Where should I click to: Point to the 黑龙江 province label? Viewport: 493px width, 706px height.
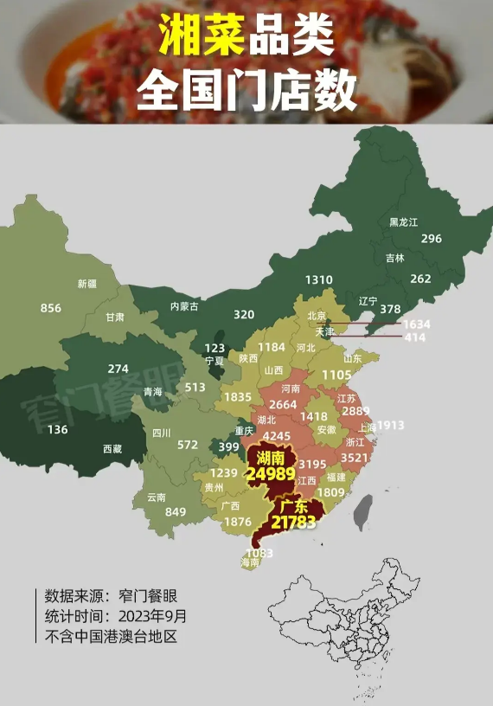pos(403,221)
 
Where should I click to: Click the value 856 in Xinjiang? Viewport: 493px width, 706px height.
pos(51,308)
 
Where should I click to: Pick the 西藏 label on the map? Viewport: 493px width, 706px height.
pos(112,449)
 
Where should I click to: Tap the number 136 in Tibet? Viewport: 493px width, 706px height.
pos(58,430)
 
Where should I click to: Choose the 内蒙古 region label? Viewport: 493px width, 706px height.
pos(183,305)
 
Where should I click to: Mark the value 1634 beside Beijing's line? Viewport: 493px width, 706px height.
pos(417,324)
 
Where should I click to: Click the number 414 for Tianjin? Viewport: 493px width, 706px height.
pos(415,337)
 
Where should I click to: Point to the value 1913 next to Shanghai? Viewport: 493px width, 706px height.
pos(390,426)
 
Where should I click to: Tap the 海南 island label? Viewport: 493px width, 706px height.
pos(249,562)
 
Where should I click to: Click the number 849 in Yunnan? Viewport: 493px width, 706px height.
pos(176,511)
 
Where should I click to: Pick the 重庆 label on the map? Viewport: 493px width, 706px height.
pos(244,430)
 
